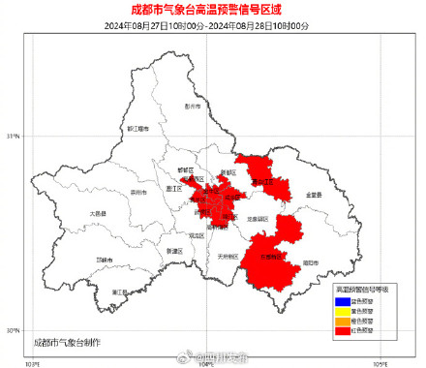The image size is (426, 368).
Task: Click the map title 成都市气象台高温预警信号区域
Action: pyautogui.click(x=213, y=11)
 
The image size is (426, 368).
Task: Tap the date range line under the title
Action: pyautogui.click(x=213, y=26)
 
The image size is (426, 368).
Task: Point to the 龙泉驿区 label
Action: pyautogui.click(x=258, y=219)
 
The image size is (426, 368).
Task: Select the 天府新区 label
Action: pyautogui.click(x=228, y=257)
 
